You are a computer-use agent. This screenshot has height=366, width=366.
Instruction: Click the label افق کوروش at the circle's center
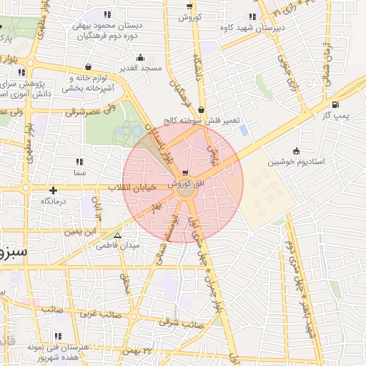(184, 184)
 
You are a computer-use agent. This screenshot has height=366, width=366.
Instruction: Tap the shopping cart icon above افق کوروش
(186, 173)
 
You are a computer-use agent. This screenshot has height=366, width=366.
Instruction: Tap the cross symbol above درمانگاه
(54, 190)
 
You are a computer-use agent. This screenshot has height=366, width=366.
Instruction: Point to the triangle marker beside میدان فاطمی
(118, 235)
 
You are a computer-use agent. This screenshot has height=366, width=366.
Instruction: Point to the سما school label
(79, 173)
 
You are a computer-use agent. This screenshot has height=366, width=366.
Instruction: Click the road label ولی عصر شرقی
(91, 112)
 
